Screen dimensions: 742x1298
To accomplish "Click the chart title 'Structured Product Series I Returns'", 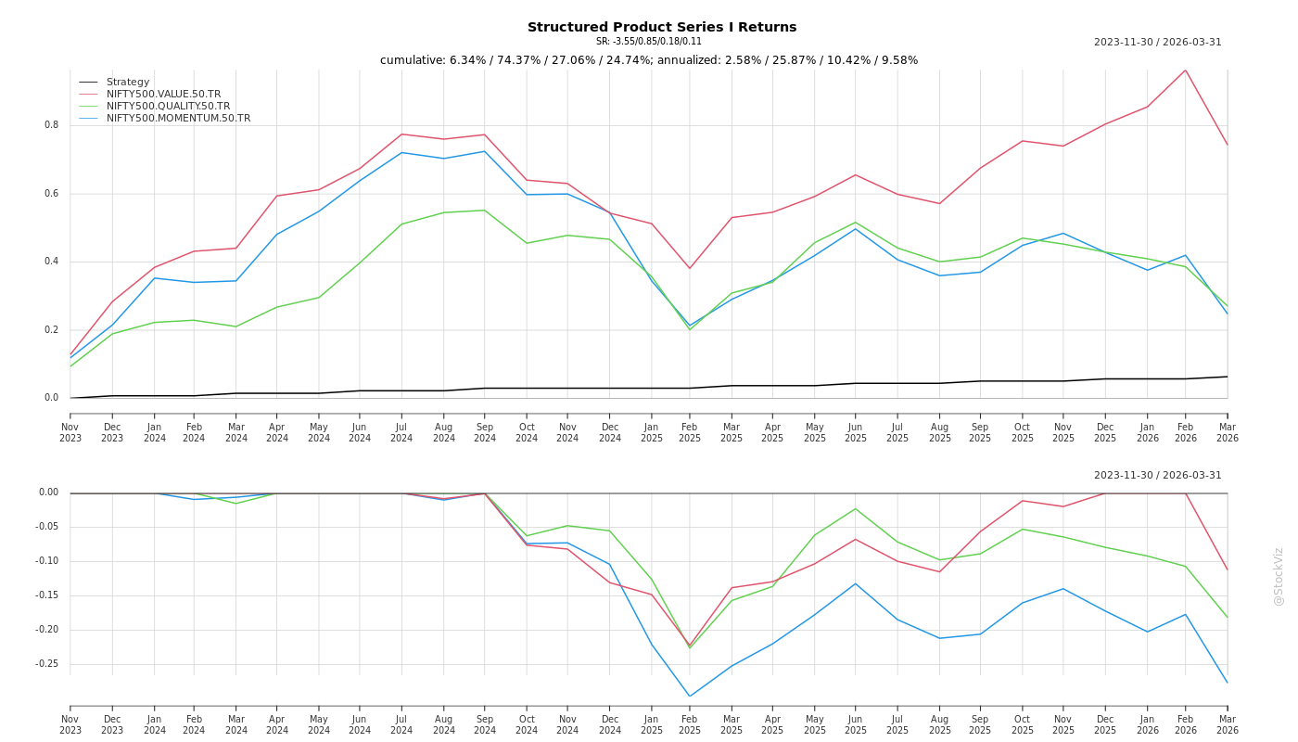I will pyautogui.click(x=661, y=27).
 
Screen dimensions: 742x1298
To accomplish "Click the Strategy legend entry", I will pyautogui.click(x=127, y=82).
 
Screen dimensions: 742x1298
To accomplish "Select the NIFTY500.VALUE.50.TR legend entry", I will pyautogui.click(x=163, y=94).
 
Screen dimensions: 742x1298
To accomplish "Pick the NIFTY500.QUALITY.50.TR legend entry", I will pyautogui.click(x=168, y=106).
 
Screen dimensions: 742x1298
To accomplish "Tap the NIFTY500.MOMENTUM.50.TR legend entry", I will pyautogui.click(x=178, y=118).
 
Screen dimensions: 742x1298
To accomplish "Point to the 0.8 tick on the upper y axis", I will pyautogui.click(x=51, y=125).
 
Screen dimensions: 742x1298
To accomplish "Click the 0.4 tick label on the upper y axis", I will pyautogui.click(x=51, y=262).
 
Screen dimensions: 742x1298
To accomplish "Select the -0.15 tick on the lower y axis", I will pyautogui.click(x=46, y=595).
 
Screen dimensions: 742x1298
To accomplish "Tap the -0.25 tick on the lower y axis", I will pyautogui.click(x=46, y=664).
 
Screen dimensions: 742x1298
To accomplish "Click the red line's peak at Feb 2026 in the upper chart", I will pyautogui.click(x=1185, y=70).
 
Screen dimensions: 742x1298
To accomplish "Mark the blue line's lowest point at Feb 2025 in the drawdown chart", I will pyautogui.click(x=690, y=697).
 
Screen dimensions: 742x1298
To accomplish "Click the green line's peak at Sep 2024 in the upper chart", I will pyautogui.click(x=484, y=210).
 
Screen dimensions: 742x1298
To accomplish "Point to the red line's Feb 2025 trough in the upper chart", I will pyautogui.click(x=690, y=269).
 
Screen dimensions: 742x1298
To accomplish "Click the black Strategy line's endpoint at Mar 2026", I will pyautogui.click(x=1227, y=377).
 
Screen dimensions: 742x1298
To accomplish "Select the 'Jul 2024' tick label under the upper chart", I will pyautogui.click(x=401, y=432).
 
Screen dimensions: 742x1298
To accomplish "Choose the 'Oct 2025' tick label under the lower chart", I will pyautogui.click(x=1022, y=724).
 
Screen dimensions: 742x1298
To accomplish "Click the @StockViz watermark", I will pyautogui.click(x=1279, y=576).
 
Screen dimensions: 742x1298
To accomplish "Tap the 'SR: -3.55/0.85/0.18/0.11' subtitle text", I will pyautogui.click(x=649, y=42).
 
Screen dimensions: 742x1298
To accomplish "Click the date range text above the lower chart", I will pyautogui.click(x=1157, y=476).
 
